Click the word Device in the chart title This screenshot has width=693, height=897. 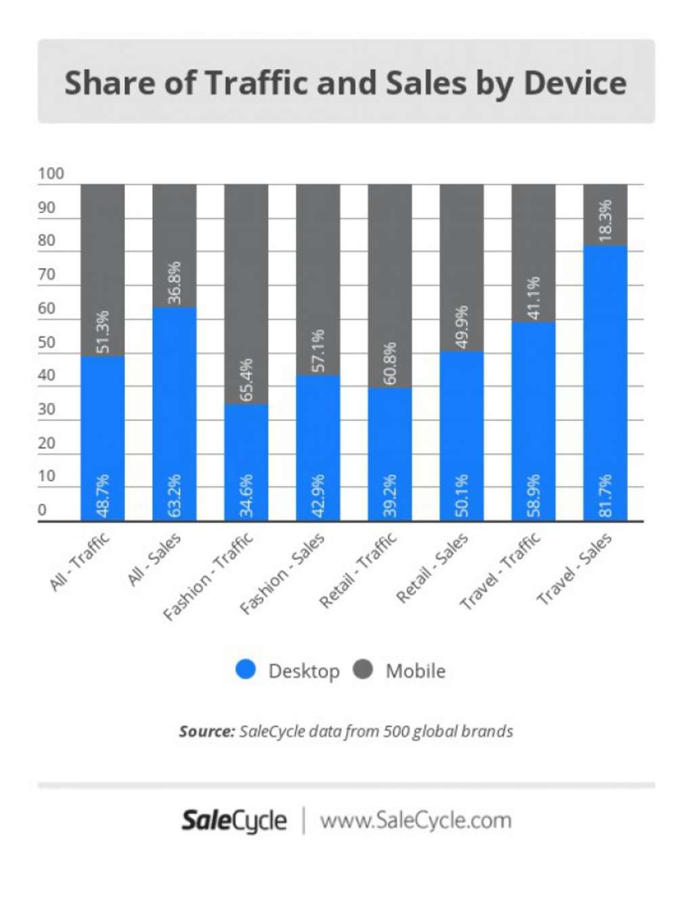click(575, 83)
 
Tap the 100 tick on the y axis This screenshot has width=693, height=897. click(51, 173)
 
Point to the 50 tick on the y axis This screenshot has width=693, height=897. click(47, 342)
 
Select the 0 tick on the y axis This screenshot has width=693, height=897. click(43, 510)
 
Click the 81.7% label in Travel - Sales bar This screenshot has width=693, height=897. click(605, 496)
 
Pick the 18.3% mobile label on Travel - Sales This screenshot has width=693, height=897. click(605, 220)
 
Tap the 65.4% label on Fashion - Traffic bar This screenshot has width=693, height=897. click(246, 380)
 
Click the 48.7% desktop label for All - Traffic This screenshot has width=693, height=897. click(103, 496)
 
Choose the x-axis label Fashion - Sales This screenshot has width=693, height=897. click(282, 574)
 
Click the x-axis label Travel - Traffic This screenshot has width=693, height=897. click(500, 571)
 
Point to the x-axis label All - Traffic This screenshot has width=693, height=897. click(79, 562)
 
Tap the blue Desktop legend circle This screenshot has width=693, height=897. click(246, 670)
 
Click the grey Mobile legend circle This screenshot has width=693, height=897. click(363, 670)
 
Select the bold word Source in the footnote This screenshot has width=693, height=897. click(206, 731)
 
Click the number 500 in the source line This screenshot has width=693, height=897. click(396, 731)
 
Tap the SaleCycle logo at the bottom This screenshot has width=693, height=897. click(234, 820)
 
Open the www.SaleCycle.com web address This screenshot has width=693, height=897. click(416, 820)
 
